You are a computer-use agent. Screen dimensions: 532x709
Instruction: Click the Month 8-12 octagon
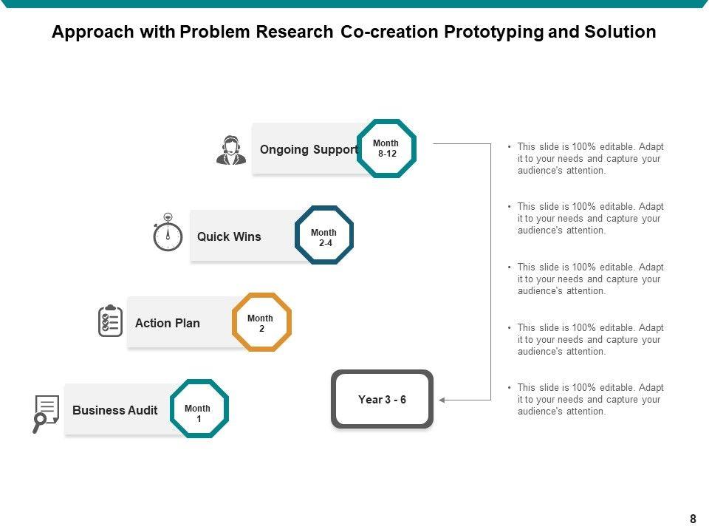(386, 149)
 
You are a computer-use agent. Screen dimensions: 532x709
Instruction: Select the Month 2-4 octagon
(324, 236)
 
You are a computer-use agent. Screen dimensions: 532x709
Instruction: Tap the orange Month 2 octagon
(261, 322)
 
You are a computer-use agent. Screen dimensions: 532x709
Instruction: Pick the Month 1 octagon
(199, 409)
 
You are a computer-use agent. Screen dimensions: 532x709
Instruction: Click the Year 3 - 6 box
(382, 400)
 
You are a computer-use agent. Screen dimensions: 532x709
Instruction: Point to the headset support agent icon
(231, 150)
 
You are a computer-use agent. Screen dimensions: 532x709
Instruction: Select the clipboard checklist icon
(110, 321)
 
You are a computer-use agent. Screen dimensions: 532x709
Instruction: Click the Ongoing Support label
(308, 149)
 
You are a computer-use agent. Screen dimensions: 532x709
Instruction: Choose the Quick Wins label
(229, 236)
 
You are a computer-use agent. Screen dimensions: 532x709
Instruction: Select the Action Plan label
(167, 323)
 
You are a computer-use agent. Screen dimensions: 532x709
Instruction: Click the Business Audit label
(114, 410)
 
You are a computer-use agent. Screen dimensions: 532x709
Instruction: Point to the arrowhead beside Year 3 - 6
(442, 400)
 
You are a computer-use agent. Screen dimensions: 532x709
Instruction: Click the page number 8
(693, 519)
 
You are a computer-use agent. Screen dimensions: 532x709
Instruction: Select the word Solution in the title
(621, 33)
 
